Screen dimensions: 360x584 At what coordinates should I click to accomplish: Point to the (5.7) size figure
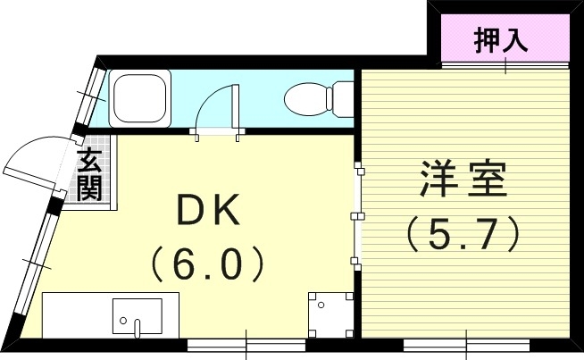[463, 234]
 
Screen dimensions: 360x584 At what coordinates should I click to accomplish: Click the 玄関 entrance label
[89, 174]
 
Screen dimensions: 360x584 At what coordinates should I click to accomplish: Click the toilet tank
[341, 98]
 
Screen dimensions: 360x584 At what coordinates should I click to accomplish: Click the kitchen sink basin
[137, 315]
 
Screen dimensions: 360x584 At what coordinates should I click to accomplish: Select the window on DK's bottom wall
[246, 343]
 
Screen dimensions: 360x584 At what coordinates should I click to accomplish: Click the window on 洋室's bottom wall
[466, 343]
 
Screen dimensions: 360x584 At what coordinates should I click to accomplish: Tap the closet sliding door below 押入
[505, 64]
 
